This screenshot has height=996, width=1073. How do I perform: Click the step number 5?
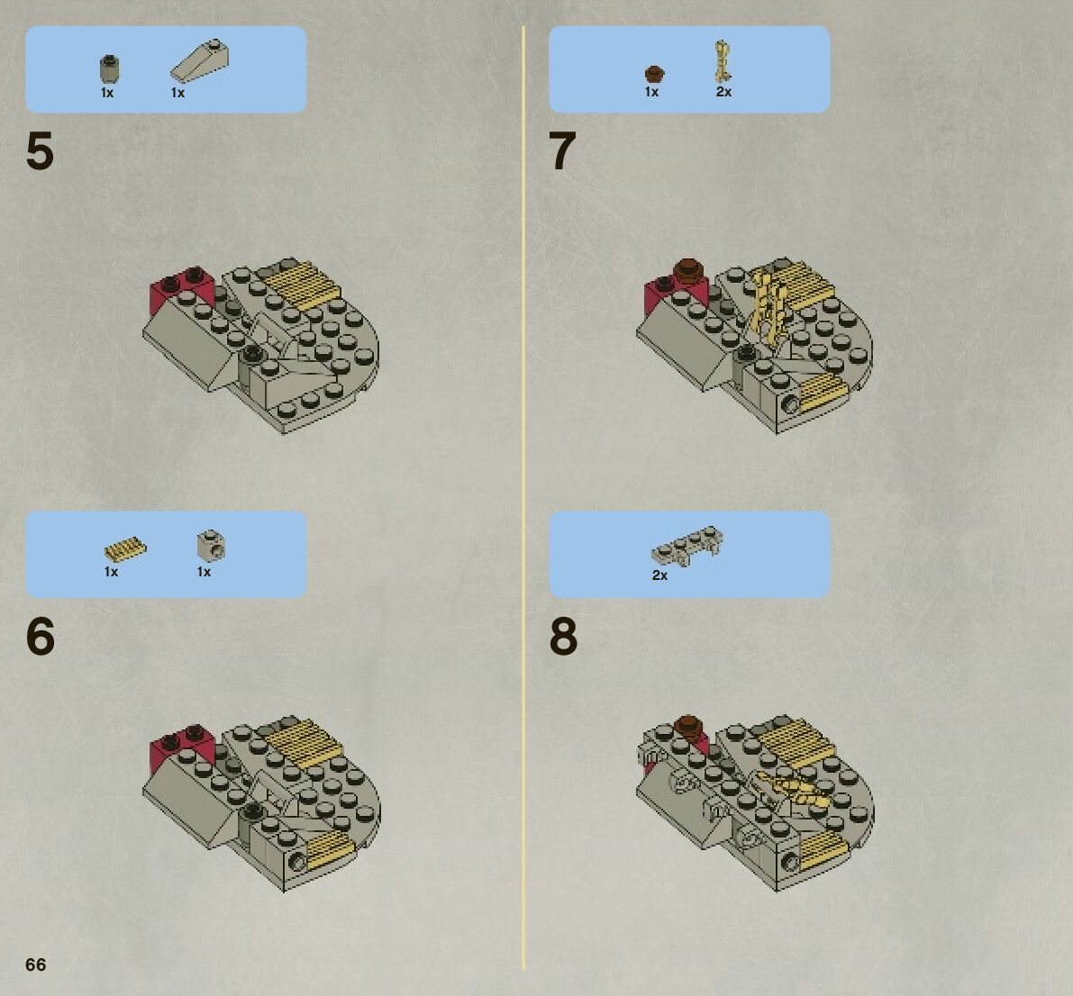[x=40, y=151]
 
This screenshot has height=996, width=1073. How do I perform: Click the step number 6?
[x=41, y=636]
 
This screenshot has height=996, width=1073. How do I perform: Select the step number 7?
[x=562, y=151]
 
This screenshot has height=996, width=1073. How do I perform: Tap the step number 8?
[x=563, y=636]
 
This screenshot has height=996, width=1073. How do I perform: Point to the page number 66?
[x=35, y=964]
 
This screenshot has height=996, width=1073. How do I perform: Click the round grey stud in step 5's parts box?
[x=110, y=69]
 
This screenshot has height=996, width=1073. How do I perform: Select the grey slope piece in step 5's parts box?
[x=199, y=61]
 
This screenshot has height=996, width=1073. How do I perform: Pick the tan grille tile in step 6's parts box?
[x=125, y=549]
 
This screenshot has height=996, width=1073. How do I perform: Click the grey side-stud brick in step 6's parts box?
[x=212, y=545]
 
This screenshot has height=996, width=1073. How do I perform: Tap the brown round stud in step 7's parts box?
[x=654, y=74]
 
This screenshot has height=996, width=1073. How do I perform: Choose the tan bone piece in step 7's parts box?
[x=722, y=61]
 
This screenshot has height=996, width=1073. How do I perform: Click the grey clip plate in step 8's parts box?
[x=687, y=546]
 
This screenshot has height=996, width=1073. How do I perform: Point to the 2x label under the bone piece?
[x=723, y=92]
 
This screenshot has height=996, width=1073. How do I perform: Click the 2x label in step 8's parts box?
[x=659, y=575]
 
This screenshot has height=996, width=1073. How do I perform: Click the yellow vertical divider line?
[x=523, y=498]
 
